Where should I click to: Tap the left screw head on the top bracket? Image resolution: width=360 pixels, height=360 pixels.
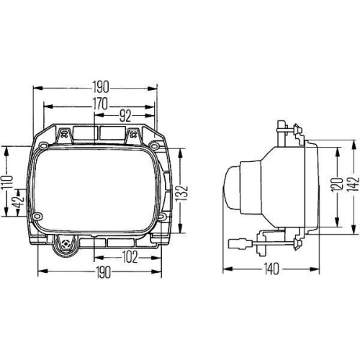pos(66,132)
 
